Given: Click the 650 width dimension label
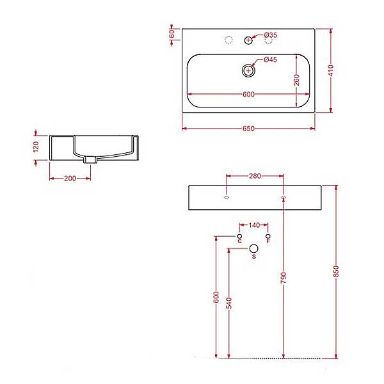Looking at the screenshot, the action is point(248,129).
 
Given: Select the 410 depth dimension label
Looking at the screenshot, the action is point(331,70).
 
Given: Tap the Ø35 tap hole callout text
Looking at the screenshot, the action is point(271,35).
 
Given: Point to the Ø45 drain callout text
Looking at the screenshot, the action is point(270,60).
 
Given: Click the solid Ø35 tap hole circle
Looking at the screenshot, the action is point(248,40).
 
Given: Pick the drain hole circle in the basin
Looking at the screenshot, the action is point(248,71).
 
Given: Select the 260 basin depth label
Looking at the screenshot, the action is point(296,80).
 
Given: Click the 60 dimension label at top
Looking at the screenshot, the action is point(172,34).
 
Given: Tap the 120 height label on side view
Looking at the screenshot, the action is point(36,147).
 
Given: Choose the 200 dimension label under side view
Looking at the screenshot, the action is point(70,179).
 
